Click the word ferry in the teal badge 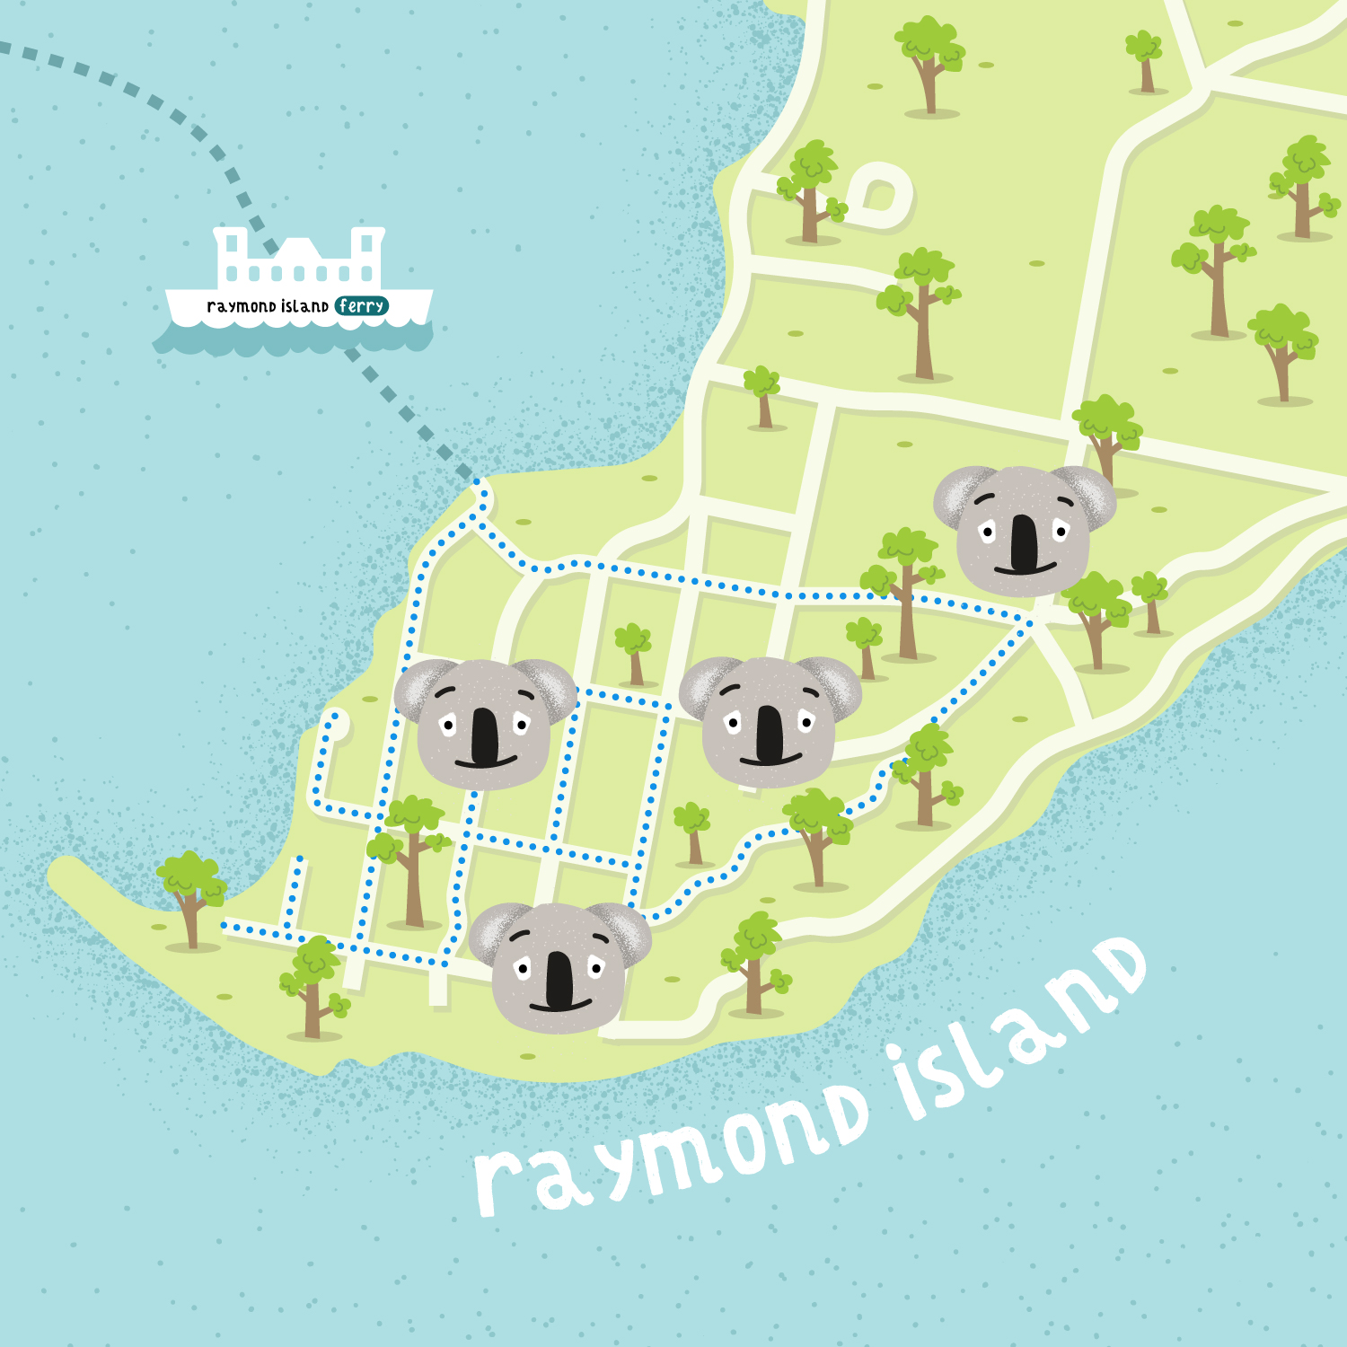click(x=362, y=306)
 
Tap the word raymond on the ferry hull click(x=241, y=307)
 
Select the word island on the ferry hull click(x=304, y=306)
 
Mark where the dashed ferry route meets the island click(x=479, y=485)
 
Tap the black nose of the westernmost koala click(x=485, y=736)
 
